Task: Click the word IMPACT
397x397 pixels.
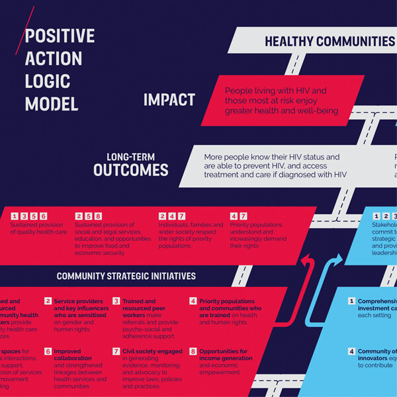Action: (x=169, y=100)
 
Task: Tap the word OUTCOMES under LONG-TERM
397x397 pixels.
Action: (x=130, y=169)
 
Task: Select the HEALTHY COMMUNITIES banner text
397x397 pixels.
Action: (x=330, y=42)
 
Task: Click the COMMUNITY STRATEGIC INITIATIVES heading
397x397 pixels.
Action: (x=126, y=276)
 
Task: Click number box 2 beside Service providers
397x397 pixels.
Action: (x=48, y=301)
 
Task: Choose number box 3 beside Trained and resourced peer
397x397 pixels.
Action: (x=116, y=301)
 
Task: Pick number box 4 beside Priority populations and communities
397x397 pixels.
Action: (x=193, y=301)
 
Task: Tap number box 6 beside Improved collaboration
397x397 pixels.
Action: (x=48, y=351)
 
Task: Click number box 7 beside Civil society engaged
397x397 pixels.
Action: (x=116, y=351)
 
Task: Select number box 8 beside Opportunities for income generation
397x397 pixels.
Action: (x=193, y=351)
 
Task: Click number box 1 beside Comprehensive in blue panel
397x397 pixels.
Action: (x=352, y=301)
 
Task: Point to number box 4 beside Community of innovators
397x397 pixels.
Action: (x=352, y=351)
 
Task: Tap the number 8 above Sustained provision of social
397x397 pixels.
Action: (x=99, y=216)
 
